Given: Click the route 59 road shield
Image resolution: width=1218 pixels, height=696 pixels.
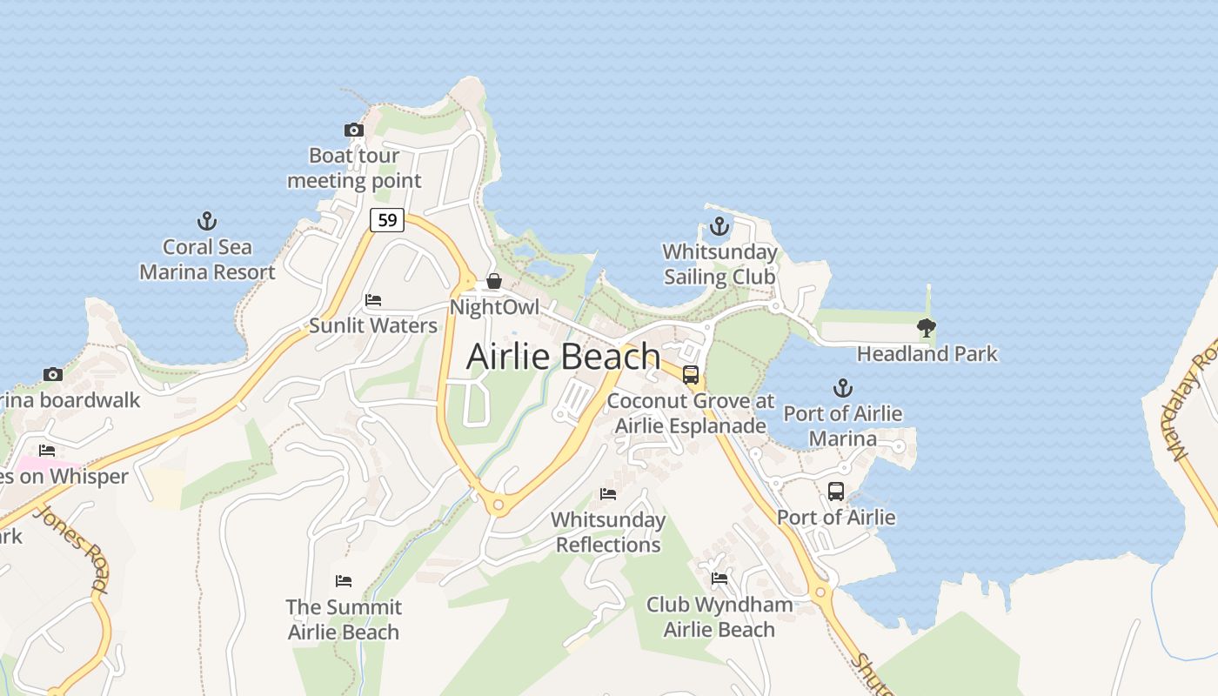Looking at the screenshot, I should point(387,220).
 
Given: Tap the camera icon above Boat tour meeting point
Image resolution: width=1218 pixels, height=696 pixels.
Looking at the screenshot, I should point(353,130).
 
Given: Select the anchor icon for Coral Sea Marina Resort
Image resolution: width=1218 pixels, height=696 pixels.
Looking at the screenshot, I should point(207,221).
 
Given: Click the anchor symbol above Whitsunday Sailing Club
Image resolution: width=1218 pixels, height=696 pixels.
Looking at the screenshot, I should point(719,227).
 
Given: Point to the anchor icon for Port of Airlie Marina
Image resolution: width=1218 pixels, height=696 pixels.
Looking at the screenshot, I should point(842,388).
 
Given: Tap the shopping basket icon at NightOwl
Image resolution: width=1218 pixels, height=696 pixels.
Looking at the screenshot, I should point(494,281).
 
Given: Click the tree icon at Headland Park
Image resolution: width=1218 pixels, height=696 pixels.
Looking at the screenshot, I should point(927,328).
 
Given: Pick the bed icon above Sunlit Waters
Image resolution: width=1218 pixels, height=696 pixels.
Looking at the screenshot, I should point(373,300).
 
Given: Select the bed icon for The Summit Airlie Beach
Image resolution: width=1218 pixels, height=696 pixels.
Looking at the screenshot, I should point(344,580).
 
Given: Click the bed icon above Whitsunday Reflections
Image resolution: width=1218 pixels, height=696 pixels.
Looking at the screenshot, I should point(608,494).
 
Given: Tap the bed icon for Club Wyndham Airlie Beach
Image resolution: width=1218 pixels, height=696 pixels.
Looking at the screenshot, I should point(719,578).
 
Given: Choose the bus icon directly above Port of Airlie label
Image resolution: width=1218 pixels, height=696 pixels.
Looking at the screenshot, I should point(835,492).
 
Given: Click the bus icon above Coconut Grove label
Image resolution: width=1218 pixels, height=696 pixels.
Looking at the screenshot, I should point(690,375).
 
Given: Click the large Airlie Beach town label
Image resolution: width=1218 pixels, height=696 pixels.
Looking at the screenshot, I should point(564,357).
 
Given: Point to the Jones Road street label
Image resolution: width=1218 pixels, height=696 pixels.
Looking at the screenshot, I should point(74,549).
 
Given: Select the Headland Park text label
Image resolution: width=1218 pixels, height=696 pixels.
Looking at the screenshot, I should point(927,354).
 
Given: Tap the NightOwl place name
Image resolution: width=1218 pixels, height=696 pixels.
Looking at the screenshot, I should point(494,307).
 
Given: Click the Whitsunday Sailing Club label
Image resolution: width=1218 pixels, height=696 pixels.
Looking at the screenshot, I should point(719,264).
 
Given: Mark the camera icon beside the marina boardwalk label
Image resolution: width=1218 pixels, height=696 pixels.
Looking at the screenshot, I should point(53,375).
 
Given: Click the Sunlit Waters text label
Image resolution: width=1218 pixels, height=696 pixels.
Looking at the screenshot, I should point(373,326).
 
